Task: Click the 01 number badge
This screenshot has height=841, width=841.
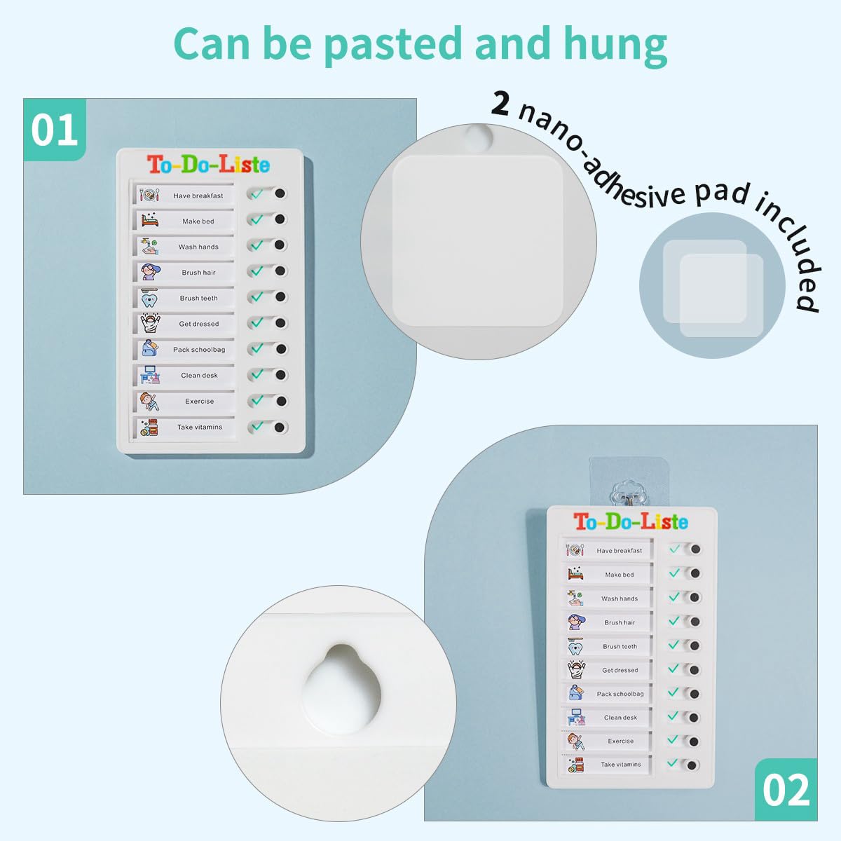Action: pyautogui.click(x=55, y=130)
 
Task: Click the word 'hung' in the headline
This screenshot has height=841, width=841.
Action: pyautogui.click(x=615, y=46)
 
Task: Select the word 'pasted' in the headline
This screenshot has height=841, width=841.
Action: pyautogui.click(x=392, y=46)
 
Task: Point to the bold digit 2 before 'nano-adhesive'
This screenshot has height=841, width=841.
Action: pyautogui.click(x=500, y=104)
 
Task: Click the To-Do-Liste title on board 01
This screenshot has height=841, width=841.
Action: pyautogui.click(x=208, y=164)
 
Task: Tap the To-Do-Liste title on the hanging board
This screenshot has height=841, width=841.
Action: pyautogui.click(x=631, y=521)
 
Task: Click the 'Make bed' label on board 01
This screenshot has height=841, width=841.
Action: pyautogui.click(x=198, y=221)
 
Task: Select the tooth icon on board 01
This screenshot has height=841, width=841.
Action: pyautogui.click(x=149, y=299)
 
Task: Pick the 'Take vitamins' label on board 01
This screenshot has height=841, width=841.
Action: pyautogui.click(x=200, y=427)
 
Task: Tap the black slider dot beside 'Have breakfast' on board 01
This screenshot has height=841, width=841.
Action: pyautogui.click(x=280, y=193)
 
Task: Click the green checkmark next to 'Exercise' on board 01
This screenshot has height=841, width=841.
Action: pyautogui.click(x=257, y=399)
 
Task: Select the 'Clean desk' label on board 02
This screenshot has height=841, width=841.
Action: pyautogui.click(x=620, y=718)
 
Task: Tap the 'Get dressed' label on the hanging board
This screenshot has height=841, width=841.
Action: pyautogui.click(x=620, y=670)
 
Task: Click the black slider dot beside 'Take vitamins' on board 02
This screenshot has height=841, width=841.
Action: pyautogui.click(x=691, y=765)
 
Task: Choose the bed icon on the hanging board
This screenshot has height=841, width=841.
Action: pyautogui.click(x=575, y=573)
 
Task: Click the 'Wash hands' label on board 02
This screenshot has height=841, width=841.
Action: pyautogui.click(x=620, y=599)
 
